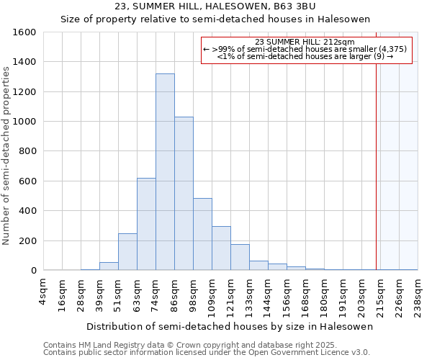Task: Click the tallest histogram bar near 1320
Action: tap(165, 172)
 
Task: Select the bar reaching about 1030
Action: tap(184, 194)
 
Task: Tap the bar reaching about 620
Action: tap(146, 224)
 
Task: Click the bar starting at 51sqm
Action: tap(127, 252)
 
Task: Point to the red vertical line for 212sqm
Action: tap(376, 158)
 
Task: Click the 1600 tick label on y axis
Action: tap(24, 32)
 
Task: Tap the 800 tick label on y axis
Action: tap(27, 151)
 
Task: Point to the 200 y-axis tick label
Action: tap(27, 240)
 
